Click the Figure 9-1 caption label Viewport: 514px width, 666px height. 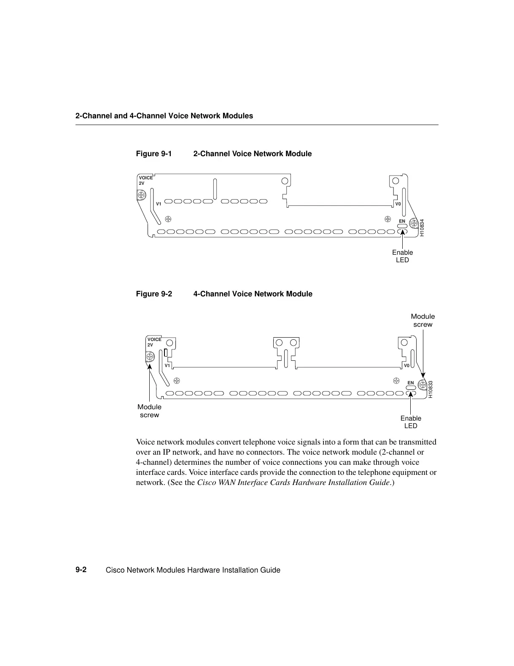(154, 154)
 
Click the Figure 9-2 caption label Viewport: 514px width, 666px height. (154, 294)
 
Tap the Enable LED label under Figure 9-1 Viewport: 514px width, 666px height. (402, 256)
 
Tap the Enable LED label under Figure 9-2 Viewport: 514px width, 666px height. (411, 422)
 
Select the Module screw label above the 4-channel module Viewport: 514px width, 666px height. (423, 320)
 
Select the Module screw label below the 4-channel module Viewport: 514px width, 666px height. (150, 411)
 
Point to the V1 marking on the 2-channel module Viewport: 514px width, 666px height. (159, 204)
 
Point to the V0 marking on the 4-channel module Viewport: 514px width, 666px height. (406, 365)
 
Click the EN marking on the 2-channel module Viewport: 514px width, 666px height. (402, 221)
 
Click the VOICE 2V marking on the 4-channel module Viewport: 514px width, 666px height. (154, 342)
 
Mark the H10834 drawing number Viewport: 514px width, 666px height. (422, 228)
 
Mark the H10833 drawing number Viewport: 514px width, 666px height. (430, 389)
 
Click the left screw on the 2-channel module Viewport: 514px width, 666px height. (141, 195)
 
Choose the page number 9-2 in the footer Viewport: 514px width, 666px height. (81, 570)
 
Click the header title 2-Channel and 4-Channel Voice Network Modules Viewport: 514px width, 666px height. (164, 116)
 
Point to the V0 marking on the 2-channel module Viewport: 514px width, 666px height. (398, 204)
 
